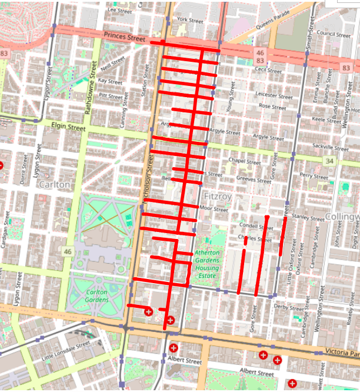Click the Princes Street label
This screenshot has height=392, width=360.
point(124,38)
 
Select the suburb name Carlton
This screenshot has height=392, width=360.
point(54,184)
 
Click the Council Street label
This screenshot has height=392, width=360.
point(334,34)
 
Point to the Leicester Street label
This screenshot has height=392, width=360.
point(274,95)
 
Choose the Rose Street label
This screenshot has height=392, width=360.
point(272,107)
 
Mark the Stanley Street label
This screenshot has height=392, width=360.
point(308,218)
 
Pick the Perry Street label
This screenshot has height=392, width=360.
point(314,175)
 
